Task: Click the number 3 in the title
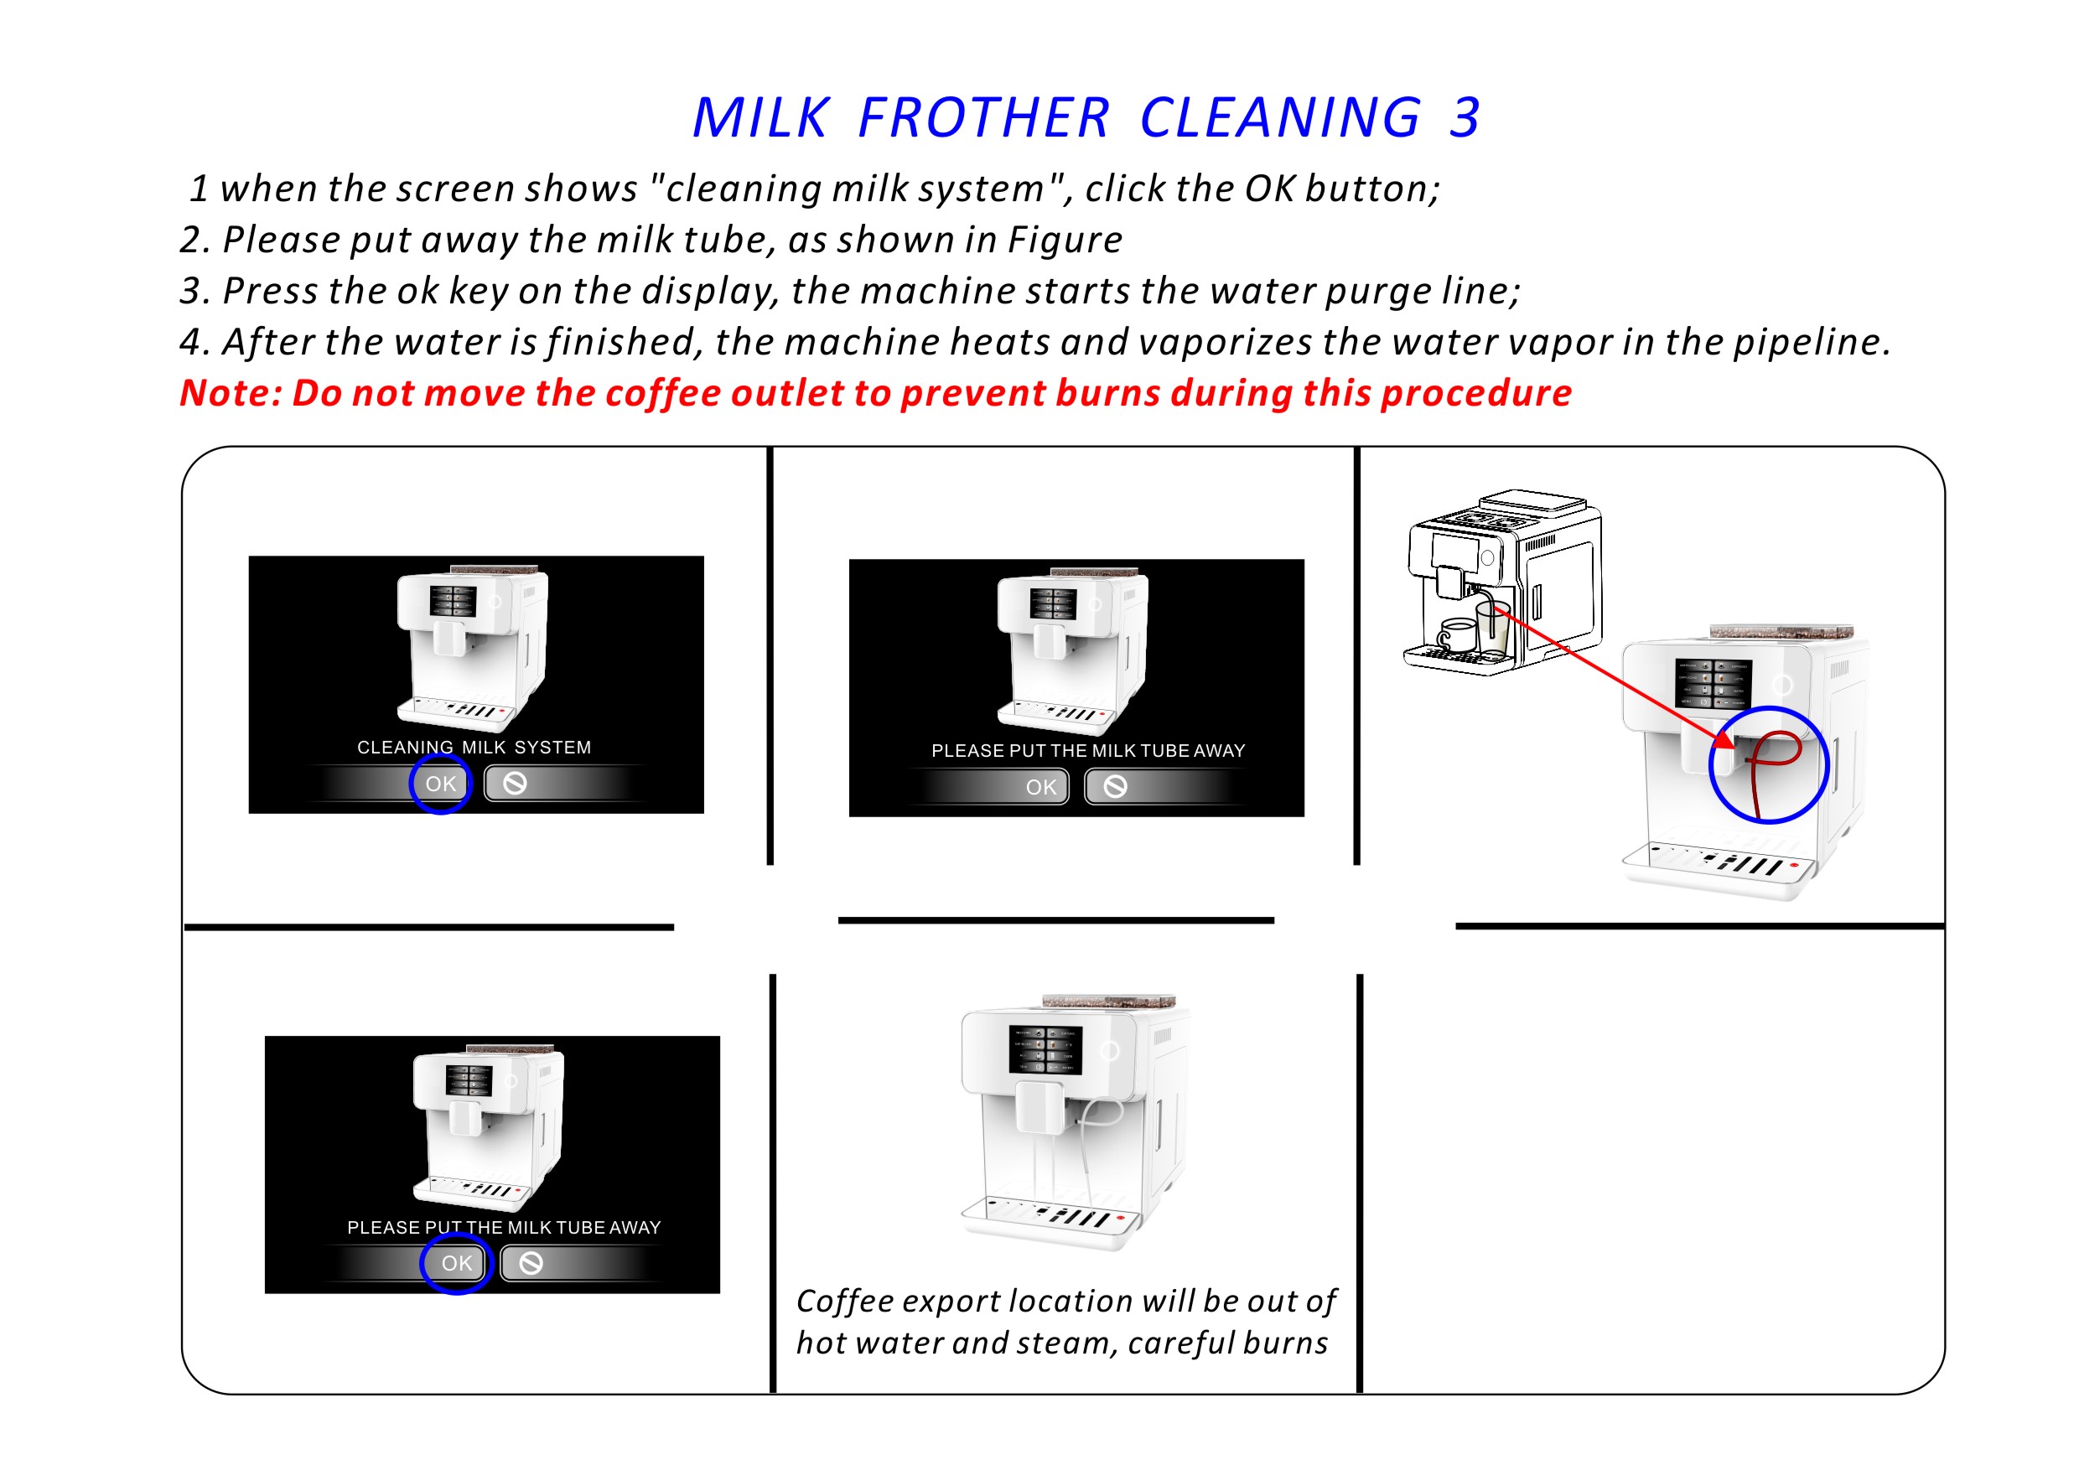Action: pyautogui.click(x=1465, y=117)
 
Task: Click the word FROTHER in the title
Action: pyautogui.click(x=982, y=117)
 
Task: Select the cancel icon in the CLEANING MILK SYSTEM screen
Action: pyautogui.click(x=516, y=783)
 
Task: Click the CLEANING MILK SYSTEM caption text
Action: pyautogui.click(x=474, y=748)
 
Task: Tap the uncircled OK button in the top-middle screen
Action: pyautogui.click(x=1041, y=788)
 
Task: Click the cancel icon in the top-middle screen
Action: pyautogui.click(x=1116, y=787)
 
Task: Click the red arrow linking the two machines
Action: pyautogui.click(x=1613, y=676)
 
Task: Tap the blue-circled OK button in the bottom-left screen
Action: pyautogui.click(x=457, y=1264)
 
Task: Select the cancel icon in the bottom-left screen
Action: pyautogui.click(x=531, y=1263)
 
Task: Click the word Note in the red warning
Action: pyautogui.click(x=230, y=393)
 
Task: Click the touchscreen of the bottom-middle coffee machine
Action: pyautogui.click(x=1045, y=1051)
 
